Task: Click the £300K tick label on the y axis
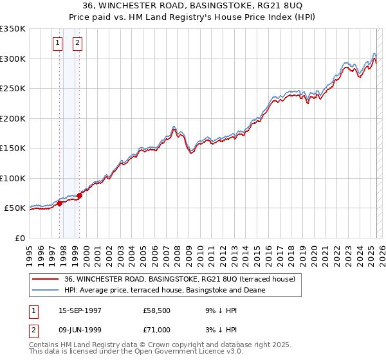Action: click(x=12, y=59)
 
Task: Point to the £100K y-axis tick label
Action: click(x=12, y=178)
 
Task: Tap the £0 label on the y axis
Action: click(x=19, y=238)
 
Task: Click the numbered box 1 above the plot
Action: click(x=58, y=43)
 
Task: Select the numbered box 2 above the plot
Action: click(x=77, y=43)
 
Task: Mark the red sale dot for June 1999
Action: click(x=79, y=195)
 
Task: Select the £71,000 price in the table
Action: click(x=157, y=330)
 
